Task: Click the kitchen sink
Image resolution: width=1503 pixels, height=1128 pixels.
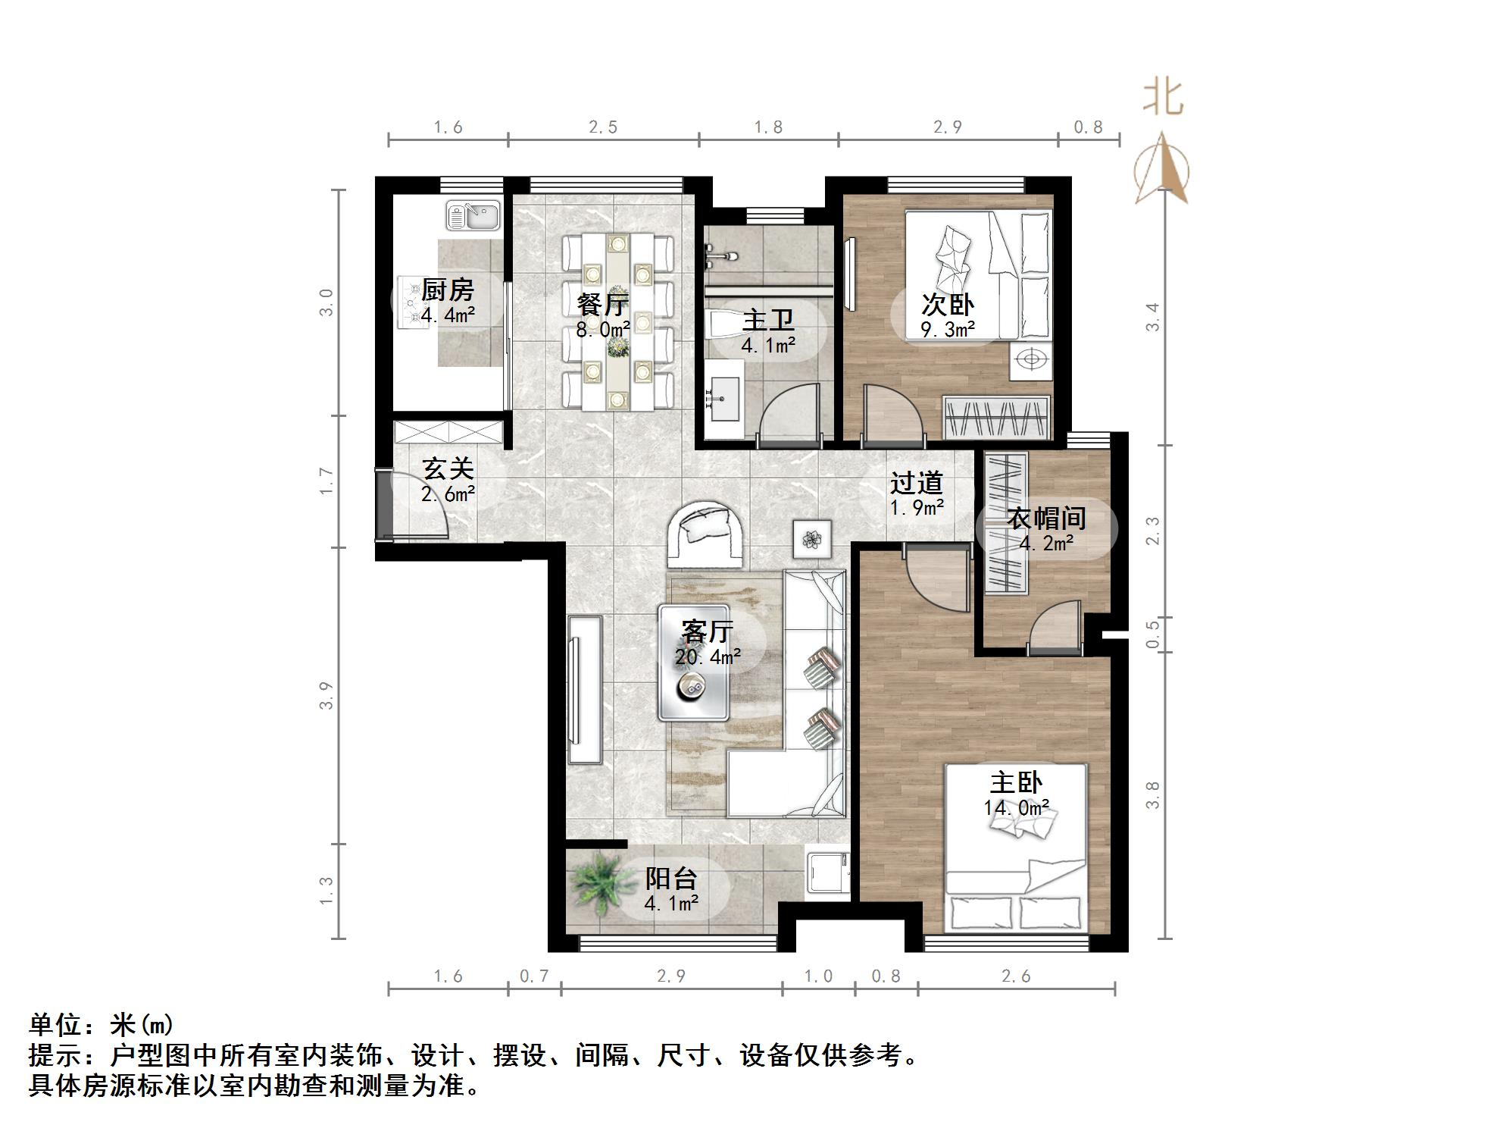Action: (x=473, y=215)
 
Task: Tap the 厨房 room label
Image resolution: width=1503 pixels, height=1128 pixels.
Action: (x=447, y=290)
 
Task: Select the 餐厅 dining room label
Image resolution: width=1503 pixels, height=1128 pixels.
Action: (x=602, y=305)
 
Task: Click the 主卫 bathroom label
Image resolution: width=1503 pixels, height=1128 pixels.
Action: (x=767, y=320)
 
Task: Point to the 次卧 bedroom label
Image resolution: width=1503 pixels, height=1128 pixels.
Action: (x=947, y=305)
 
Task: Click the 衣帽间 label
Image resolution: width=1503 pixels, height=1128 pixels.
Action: (x=1046, y=519)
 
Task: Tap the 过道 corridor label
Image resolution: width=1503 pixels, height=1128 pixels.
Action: (x=916, y=483)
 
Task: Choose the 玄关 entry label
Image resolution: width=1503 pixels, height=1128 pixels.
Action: (x=447, y=468)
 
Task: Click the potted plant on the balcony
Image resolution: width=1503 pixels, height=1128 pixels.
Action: (x=602, y=884)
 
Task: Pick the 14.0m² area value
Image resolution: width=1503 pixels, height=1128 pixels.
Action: (x=1016, y=808)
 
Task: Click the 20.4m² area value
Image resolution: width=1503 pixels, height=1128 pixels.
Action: (x=708, y=656)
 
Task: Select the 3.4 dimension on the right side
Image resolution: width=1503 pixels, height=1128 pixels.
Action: (x=1152, y=317)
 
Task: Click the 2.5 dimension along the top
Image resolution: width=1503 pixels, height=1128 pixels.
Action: (x=603, y=127)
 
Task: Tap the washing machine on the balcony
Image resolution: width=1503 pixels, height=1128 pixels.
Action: (x=827, y=873)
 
